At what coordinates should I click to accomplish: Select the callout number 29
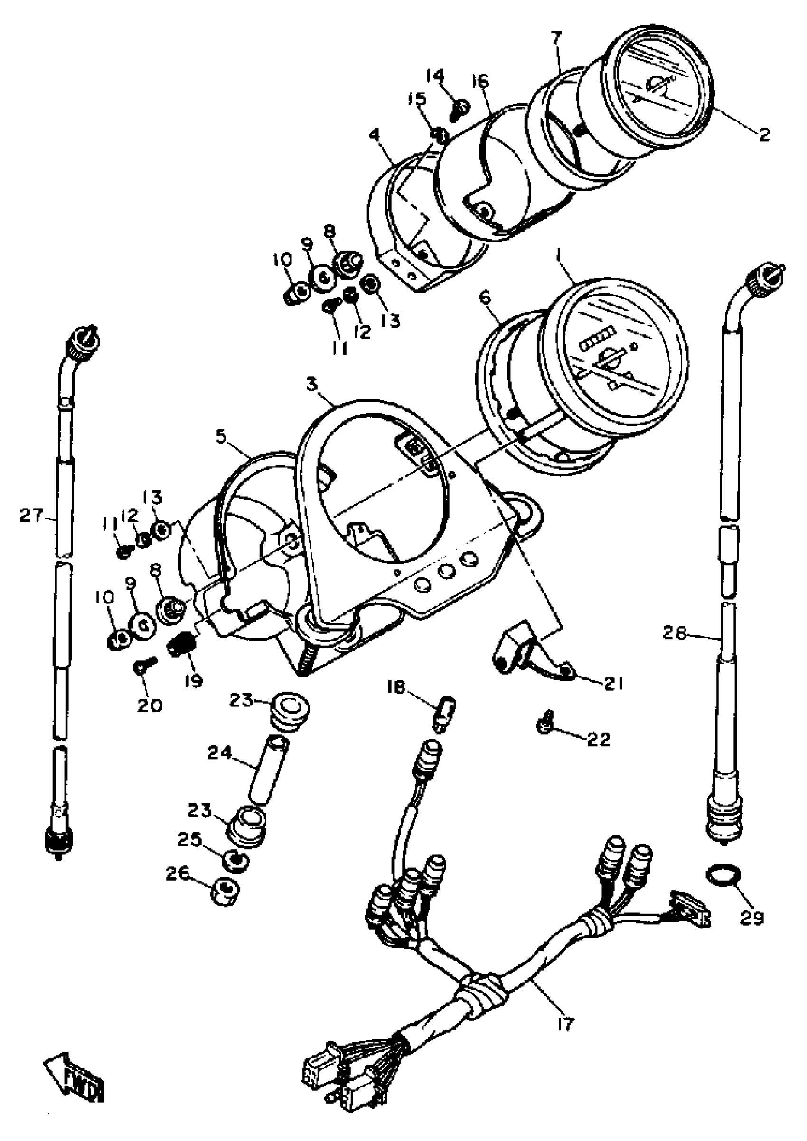tap(751, 918)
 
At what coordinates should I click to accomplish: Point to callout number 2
tap(764, 135)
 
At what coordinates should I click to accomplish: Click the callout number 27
tap(31, 516)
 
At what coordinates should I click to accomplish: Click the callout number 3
tap(311, 384)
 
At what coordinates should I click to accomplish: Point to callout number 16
tap(480, 81)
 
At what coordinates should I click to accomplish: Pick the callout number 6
tap(485, 297)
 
